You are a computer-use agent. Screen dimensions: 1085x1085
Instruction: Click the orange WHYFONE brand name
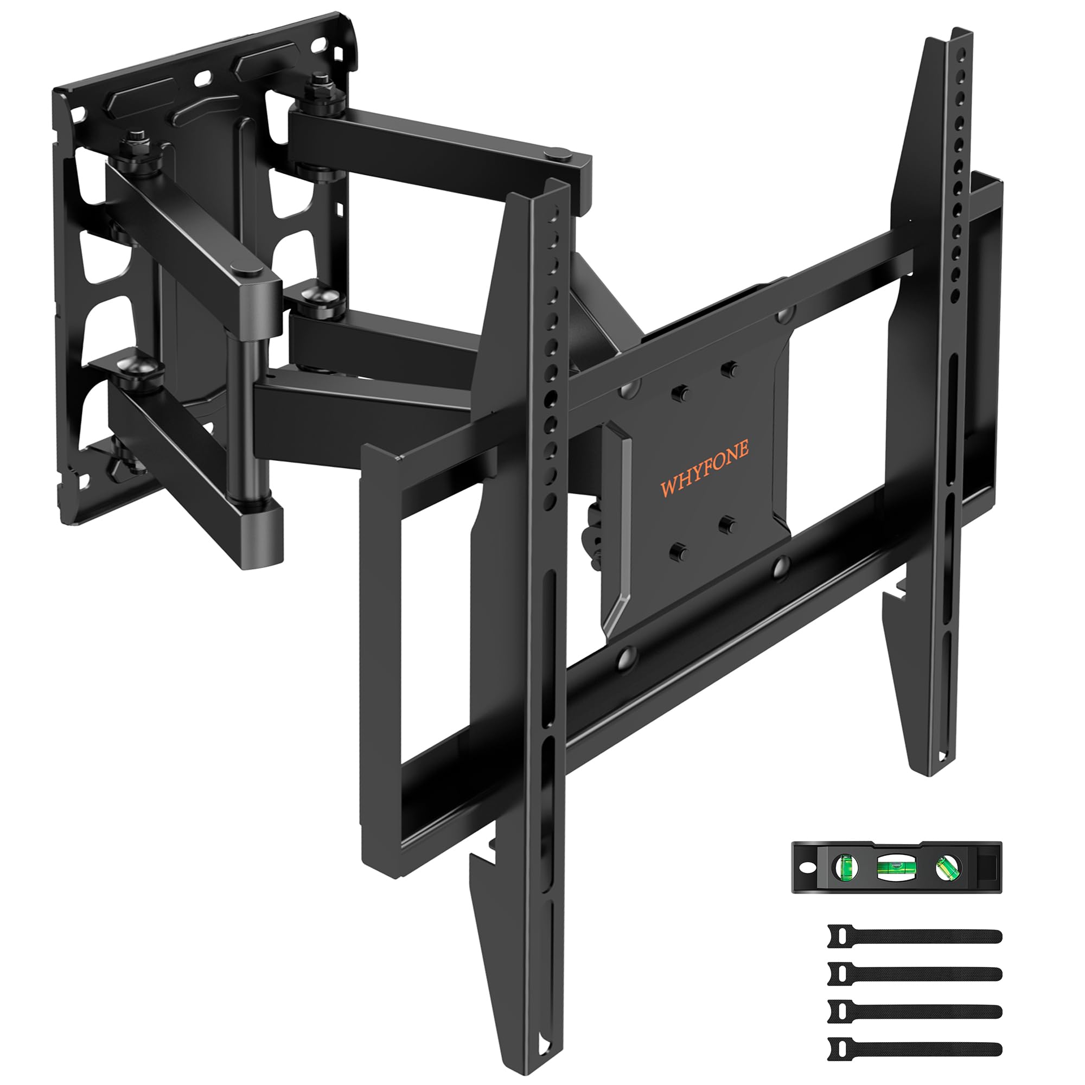pos(704,468)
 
